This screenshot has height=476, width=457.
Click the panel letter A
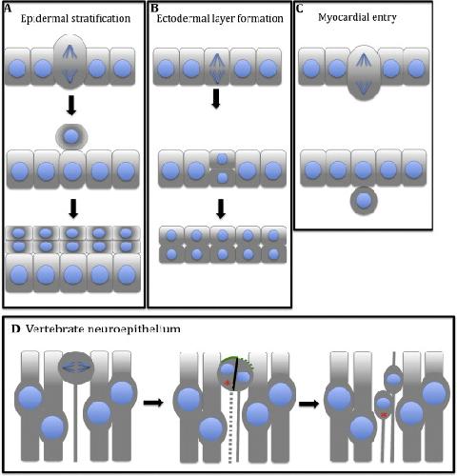[x=8, y=9]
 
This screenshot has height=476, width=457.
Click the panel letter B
[x=154, y=9]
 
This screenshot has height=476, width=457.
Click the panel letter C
[x=299, y=9]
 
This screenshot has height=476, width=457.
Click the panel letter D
[x=16, y=328]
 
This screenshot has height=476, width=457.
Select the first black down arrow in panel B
[x=216, y=99]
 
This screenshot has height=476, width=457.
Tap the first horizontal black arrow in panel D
[x=153, y=403]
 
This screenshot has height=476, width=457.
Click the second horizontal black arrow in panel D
[x=308, y=404]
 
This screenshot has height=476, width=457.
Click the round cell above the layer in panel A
[x=71, y=137]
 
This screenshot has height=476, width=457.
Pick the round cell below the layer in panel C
[x=364, y=200]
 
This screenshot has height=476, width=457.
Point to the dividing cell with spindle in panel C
[x=364, y=72]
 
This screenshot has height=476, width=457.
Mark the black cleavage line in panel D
[x=235, y=373]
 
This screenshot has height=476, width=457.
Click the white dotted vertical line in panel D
[x=231, y=426]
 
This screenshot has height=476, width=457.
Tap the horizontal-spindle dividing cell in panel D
[x=75, y=367]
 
